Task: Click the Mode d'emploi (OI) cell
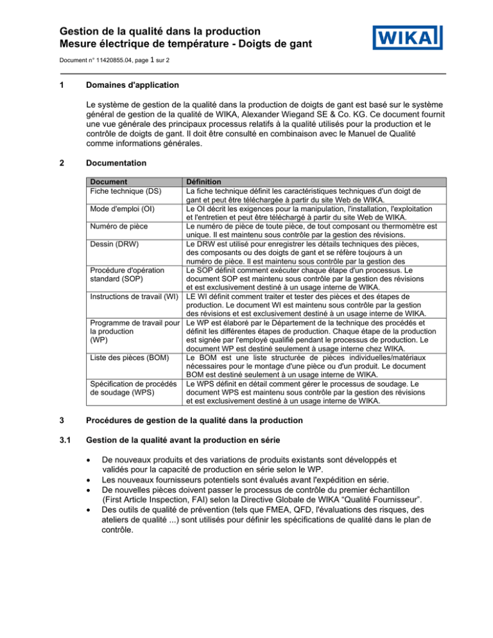tap(123, 209)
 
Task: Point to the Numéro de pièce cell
tap(119, 226)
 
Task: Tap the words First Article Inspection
tap(153, 501)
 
